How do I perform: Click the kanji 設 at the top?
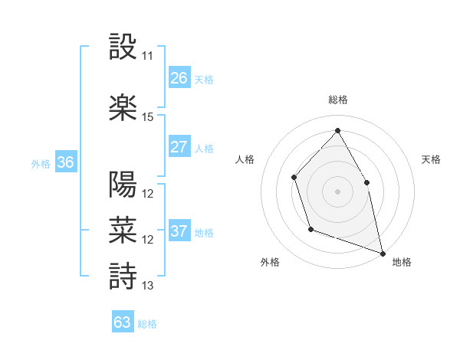click(x=123, y=47)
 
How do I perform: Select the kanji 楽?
click(x=123, y=107)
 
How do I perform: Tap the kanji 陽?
click(x=123, y=185)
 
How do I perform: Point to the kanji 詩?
click(x=123, y=276)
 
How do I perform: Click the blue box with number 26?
click(x=179, y=78)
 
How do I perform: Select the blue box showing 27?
click(x=179, y=147)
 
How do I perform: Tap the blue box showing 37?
click(x=179, y=231)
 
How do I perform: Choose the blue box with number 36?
click(x=65, y=162)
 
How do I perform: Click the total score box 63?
click(x=123, y=322)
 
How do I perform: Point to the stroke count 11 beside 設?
click(x=148, y=56)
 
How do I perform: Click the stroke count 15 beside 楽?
click(x=148, y=117)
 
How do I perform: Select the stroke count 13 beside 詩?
click(x=148, y=286)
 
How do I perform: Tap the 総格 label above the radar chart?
click(x=337, y=100)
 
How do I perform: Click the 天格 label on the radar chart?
click(x=431, y=159)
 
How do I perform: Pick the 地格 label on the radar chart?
click(x=402, y=262)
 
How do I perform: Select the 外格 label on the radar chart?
click(x=270, y=262)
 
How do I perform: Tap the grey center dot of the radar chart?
click(x=337, y=191)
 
